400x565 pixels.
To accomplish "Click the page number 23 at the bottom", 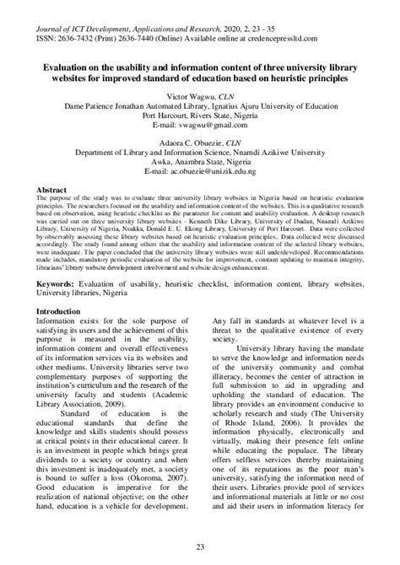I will [x=200, y=547].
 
